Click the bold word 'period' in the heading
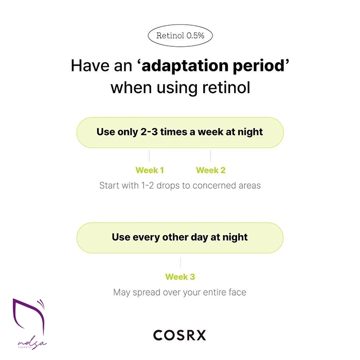(x=259, y=66)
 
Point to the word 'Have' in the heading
(x=90, y=66)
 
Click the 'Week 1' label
(x=150, y=170)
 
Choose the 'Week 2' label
(x=211, y=170)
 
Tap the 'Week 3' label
(x=180, y=277)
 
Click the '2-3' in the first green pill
(x=149, y=132)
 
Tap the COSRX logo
(x=179, y=335)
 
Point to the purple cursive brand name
(x=32, y=344)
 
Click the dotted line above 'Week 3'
(x=180, y=263)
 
